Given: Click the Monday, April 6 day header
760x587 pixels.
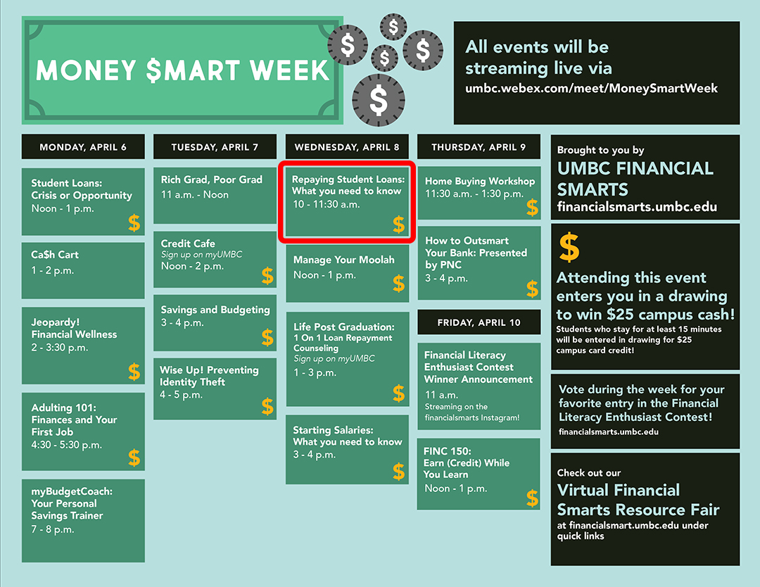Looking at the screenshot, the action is click(83, 147).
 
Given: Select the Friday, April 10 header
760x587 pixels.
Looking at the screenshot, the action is click(479, 322).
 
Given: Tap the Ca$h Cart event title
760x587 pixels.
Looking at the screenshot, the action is click(55, 255).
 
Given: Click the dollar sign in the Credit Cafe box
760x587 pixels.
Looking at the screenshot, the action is click(267, 275).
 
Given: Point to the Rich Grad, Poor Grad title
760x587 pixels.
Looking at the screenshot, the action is click(211, 180).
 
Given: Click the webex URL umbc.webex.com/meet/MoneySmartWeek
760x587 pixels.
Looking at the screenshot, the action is click(591, 88).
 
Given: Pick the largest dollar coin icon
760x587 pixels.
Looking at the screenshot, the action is click(378, 100).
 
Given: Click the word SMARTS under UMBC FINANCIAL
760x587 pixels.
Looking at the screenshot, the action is click(593, 189).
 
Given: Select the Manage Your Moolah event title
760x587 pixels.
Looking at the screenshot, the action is click(343, 260).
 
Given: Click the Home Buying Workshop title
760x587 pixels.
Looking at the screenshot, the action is click(480, 182).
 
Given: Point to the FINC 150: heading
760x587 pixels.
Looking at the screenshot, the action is click(448, 450).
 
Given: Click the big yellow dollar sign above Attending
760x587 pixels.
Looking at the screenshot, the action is click(569, 247).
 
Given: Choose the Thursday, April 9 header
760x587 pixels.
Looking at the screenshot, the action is click(479, 147).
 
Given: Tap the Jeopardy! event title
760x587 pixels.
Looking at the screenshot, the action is click(56, 322).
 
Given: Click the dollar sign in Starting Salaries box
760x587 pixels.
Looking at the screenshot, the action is click(399, 471).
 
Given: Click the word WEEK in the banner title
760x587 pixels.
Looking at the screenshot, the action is click(289, 70).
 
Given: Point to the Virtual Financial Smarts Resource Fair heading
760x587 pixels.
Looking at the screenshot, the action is click(638, 500).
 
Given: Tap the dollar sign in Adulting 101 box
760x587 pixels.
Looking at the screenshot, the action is click(134, 457).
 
